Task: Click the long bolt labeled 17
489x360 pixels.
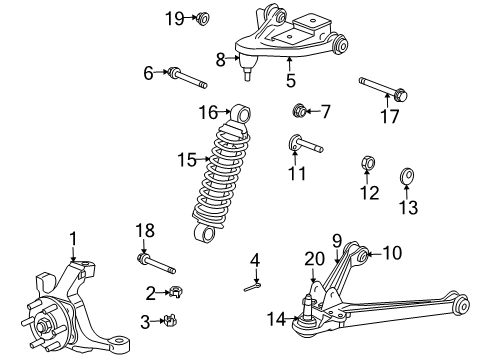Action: [386, 92]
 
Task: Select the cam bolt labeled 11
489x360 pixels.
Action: [304, 145]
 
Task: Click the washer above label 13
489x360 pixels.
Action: [408, 177]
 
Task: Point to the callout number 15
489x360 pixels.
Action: [182, 158]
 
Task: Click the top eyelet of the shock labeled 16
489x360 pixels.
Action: [239, 114]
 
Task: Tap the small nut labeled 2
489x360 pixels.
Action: [173, 293]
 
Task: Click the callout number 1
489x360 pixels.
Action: [72, 237]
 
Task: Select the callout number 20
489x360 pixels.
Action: [313, 258]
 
